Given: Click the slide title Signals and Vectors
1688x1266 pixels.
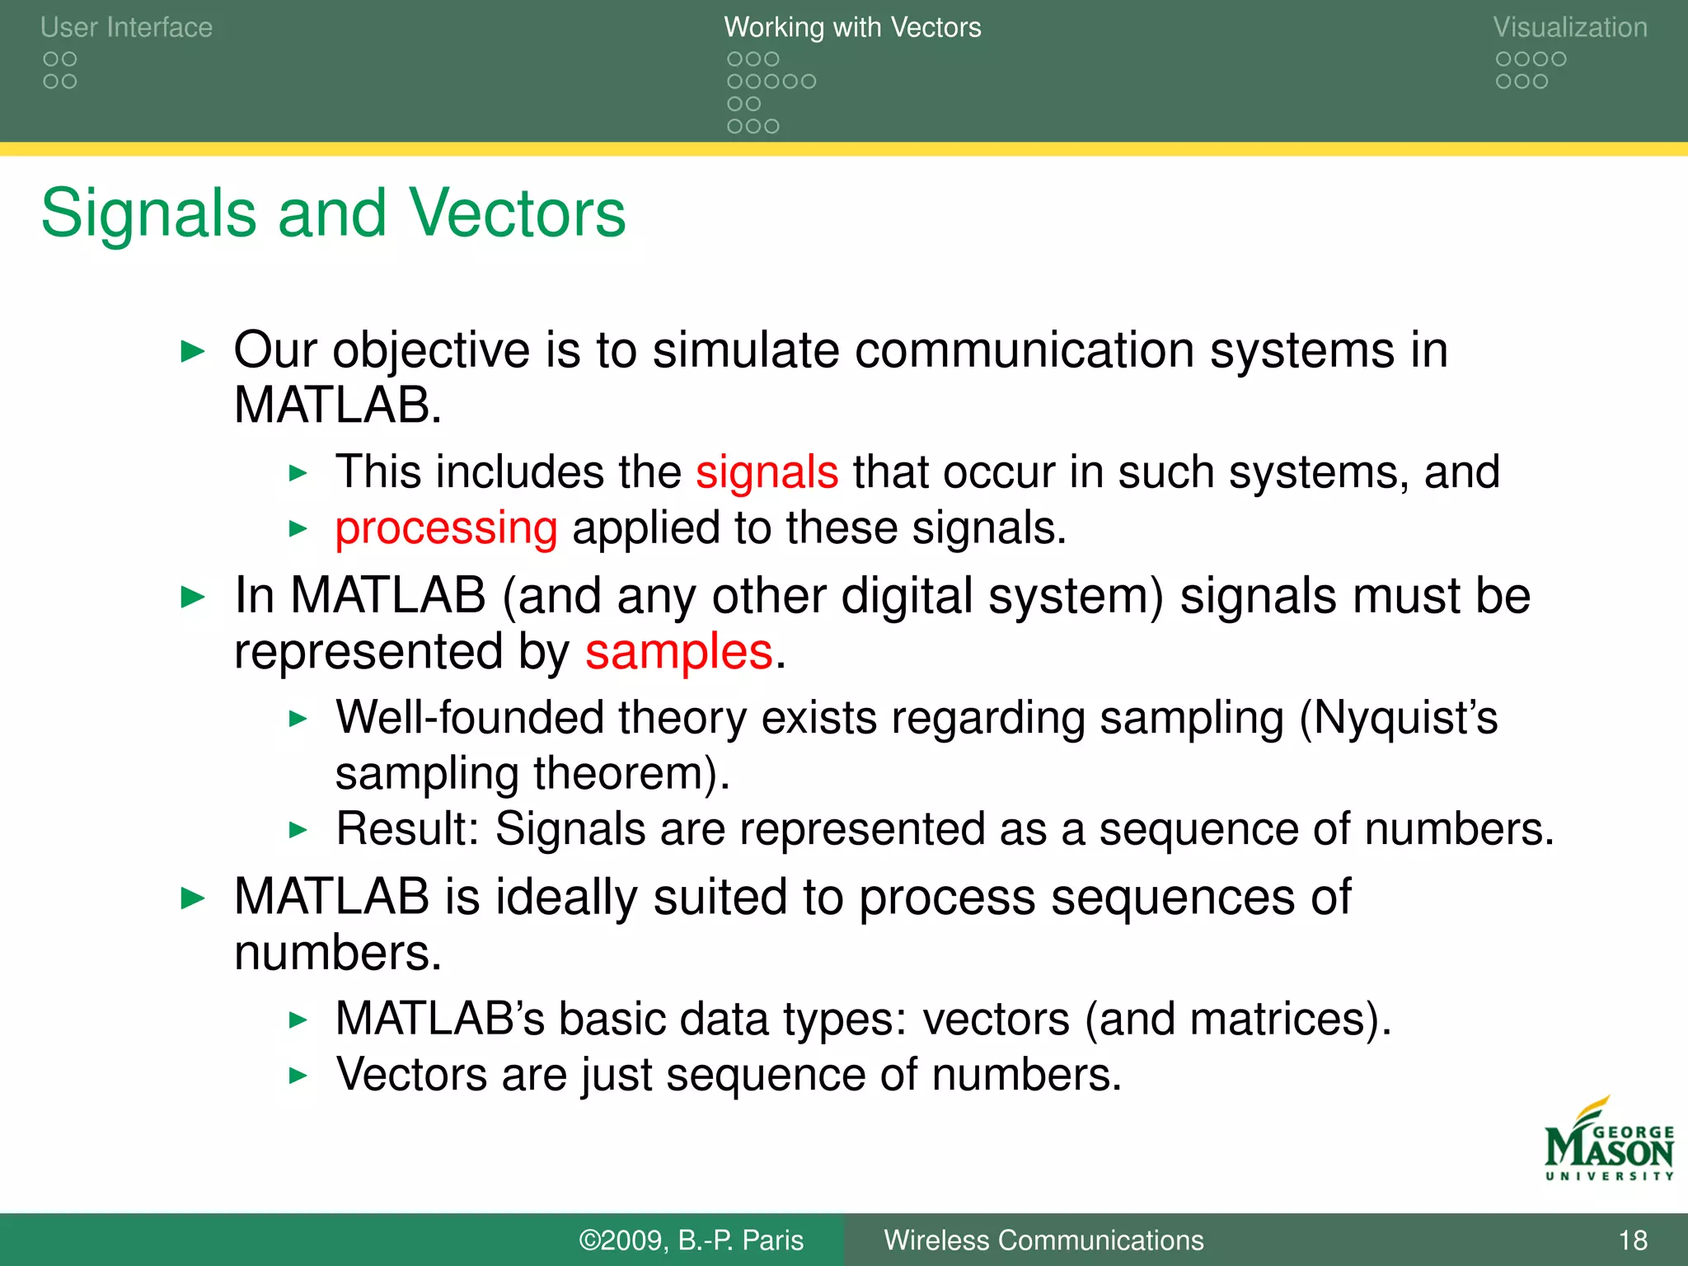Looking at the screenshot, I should tap(333, 213).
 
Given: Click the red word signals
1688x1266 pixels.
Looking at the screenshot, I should tap(767, 472).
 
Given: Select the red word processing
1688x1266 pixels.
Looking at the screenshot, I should tap(446, 528).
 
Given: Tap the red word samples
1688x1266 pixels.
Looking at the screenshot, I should tap(679, 652).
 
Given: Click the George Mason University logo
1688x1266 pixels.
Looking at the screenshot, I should tap(1608, 1142).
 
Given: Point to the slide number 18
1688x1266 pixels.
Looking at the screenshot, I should tap(1632, 1240).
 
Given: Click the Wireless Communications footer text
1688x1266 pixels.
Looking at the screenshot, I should tap(1043, 1240).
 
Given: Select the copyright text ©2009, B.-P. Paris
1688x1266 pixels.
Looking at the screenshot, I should tap(691, 1240).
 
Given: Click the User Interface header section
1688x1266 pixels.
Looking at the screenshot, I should tap(126, 27).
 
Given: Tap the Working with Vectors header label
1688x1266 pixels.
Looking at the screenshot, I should tap(852, 27).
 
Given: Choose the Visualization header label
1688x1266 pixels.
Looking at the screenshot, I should tap(1569, 27).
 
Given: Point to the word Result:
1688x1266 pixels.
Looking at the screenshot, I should tap(407, 829).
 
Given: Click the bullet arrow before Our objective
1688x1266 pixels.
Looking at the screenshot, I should tap(193, 352).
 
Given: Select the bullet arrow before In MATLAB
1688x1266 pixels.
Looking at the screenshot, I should tap(193, 598).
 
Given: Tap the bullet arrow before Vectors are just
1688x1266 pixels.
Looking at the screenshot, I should tap(298, 1076).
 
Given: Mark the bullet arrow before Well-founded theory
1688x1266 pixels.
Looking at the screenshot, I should tap(298, 719).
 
